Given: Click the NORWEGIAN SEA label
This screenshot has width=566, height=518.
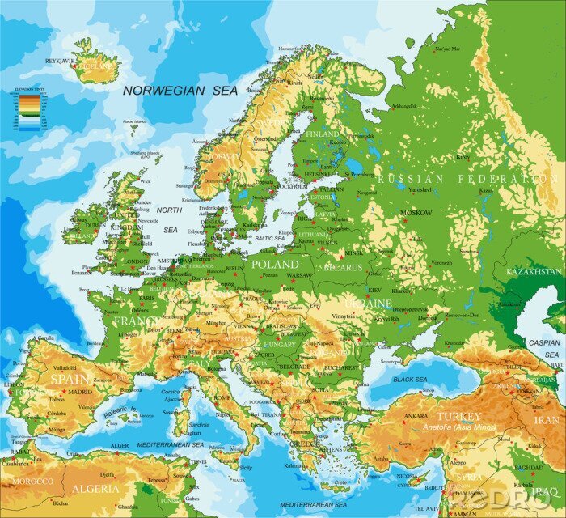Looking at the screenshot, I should [180, 91].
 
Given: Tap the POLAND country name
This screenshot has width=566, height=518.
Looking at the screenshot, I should [275, 265].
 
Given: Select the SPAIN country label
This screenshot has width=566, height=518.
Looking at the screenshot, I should [70, 378].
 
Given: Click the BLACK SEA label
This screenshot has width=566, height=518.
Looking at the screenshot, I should [410, 379].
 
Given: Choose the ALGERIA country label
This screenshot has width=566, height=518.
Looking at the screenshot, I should [95, 489].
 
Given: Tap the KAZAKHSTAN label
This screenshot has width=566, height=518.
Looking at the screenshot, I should [533, 272].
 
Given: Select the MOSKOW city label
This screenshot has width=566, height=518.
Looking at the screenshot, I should [416, 213].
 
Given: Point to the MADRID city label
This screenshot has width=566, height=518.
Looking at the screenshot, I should [79, 391].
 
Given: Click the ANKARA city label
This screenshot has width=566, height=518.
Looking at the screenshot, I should [416, 416].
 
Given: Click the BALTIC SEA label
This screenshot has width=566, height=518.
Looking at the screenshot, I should [270, 239].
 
